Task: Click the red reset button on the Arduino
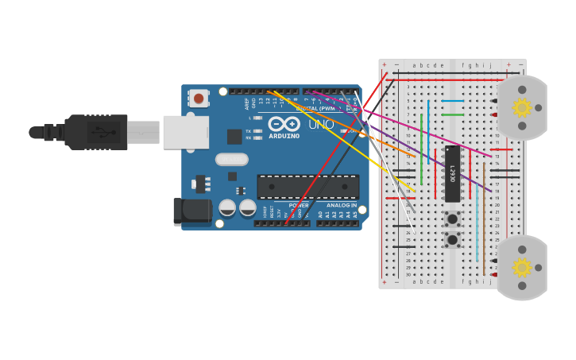tap(199, 99)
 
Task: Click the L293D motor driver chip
tap(452, 173)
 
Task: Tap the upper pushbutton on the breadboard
tap(452, 219)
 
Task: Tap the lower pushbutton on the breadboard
tap(452, 239)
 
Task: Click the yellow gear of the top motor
tap(521, 107)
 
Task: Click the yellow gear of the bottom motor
tap(521, 268)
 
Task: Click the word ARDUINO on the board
tap(284, 136)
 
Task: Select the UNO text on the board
tap(321, 125)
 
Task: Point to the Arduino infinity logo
tap(284, 124)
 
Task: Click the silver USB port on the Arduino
tap(186, 132)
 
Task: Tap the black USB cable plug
tap(96, 132)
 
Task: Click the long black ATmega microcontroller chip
tap(307, 187)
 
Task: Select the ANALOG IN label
tap(342, 205)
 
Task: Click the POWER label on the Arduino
tap(299, 205)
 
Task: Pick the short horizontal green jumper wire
tap(452, 114)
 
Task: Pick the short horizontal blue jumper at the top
tap(452, 101)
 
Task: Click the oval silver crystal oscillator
tap(231, 160)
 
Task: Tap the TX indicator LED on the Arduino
tap(257, 131)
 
